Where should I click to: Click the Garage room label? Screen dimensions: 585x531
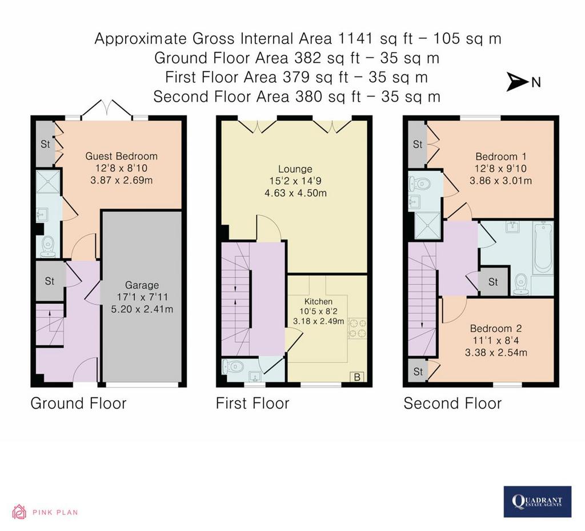(142, 285)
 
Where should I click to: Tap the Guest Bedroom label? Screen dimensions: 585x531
(121, 156)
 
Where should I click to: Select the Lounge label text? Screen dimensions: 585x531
(295, 169)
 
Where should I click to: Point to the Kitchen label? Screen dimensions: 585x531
(318, 301)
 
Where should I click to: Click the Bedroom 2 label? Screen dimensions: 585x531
(496, 329)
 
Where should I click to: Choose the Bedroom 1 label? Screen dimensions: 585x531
(500, 156)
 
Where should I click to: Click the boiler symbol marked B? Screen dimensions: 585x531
(356, 377)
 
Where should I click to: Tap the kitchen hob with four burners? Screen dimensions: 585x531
(358, 329)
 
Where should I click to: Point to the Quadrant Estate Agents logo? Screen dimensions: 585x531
(537, 501)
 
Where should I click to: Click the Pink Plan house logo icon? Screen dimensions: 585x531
(19, 512)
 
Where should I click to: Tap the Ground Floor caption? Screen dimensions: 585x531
(78, 404)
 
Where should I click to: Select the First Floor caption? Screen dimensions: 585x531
(253, 404)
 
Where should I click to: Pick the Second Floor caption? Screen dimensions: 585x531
(452, 404)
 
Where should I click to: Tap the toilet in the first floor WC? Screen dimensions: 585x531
(233, 367)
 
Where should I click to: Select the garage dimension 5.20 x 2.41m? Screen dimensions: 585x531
(142, 309)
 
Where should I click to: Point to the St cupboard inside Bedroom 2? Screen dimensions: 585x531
(418, 371)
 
